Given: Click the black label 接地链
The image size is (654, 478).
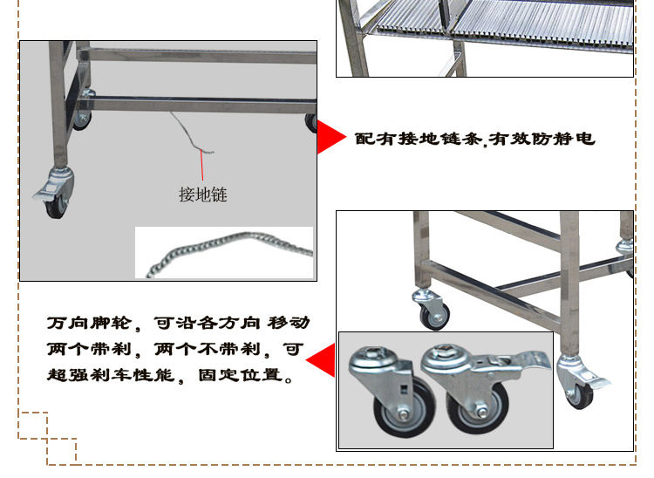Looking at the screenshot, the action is pos(202,194).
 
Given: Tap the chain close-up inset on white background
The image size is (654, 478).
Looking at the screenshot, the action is pos(224,252).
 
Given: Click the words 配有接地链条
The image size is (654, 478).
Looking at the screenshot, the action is pos(419,139).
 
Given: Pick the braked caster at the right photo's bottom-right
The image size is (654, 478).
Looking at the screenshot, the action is pos(580,384).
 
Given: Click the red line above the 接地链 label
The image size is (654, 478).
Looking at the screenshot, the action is pos(204,165).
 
